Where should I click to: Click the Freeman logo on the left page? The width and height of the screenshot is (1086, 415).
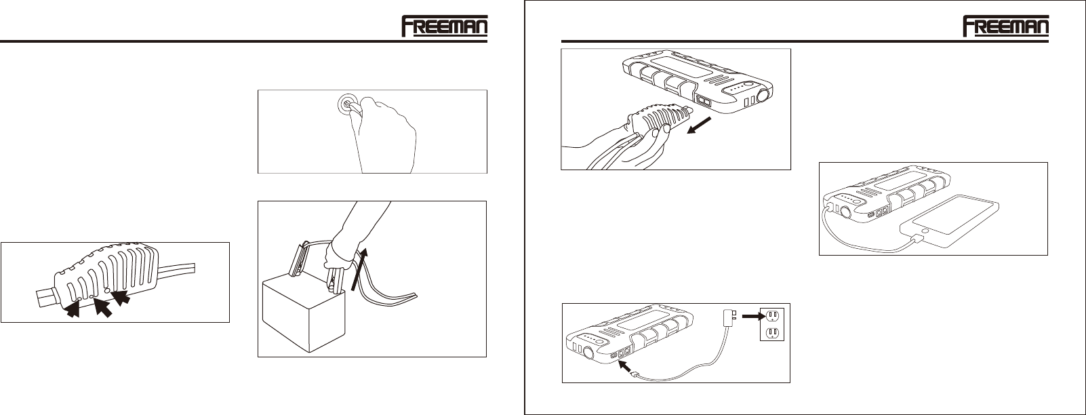tap(445, 26)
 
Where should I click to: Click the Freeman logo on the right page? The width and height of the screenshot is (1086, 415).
tap(1006, 26)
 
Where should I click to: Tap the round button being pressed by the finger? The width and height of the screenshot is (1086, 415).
tap(346, 103)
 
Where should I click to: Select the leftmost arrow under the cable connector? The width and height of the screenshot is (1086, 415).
tap(73, 309)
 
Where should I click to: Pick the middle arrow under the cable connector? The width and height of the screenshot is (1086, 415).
tap(103, 307)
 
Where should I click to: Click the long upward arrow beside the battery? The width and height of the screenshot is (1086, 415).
tap(359, 269)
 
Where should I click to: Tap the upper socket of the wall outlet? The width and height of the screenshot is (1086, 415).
tap(772, 316)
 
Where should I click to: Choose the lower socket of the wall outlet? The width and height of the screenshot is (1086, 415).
tap(772, 332)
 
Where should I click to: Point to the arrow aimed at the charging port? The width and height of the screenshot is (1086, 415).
tap(627, 367)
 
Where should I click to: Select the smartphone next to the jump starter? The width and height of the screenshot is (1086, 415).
tap(949, 215)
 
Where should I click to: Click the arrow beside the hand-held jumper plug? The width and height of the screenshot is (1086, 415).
tap(699, 125)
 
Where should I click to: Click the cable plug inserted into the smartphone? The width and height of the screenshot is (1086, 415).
tap(918, 238)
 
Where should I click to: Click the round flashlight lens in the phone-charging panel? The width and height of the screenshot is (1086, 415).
tap(847, 212)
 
